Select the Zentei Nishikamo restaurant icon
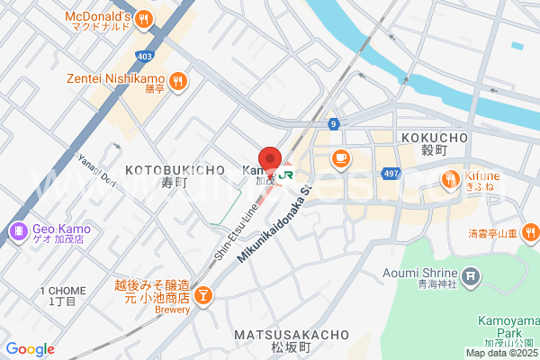click(179, 80)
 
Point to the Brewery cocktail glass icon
click(203, 295)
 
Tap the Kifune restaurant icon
click(450, 180)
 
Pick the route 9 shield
click(333, 123)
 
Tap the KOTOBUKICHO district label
click(175, 169)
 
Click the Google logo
click(30, 349)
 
